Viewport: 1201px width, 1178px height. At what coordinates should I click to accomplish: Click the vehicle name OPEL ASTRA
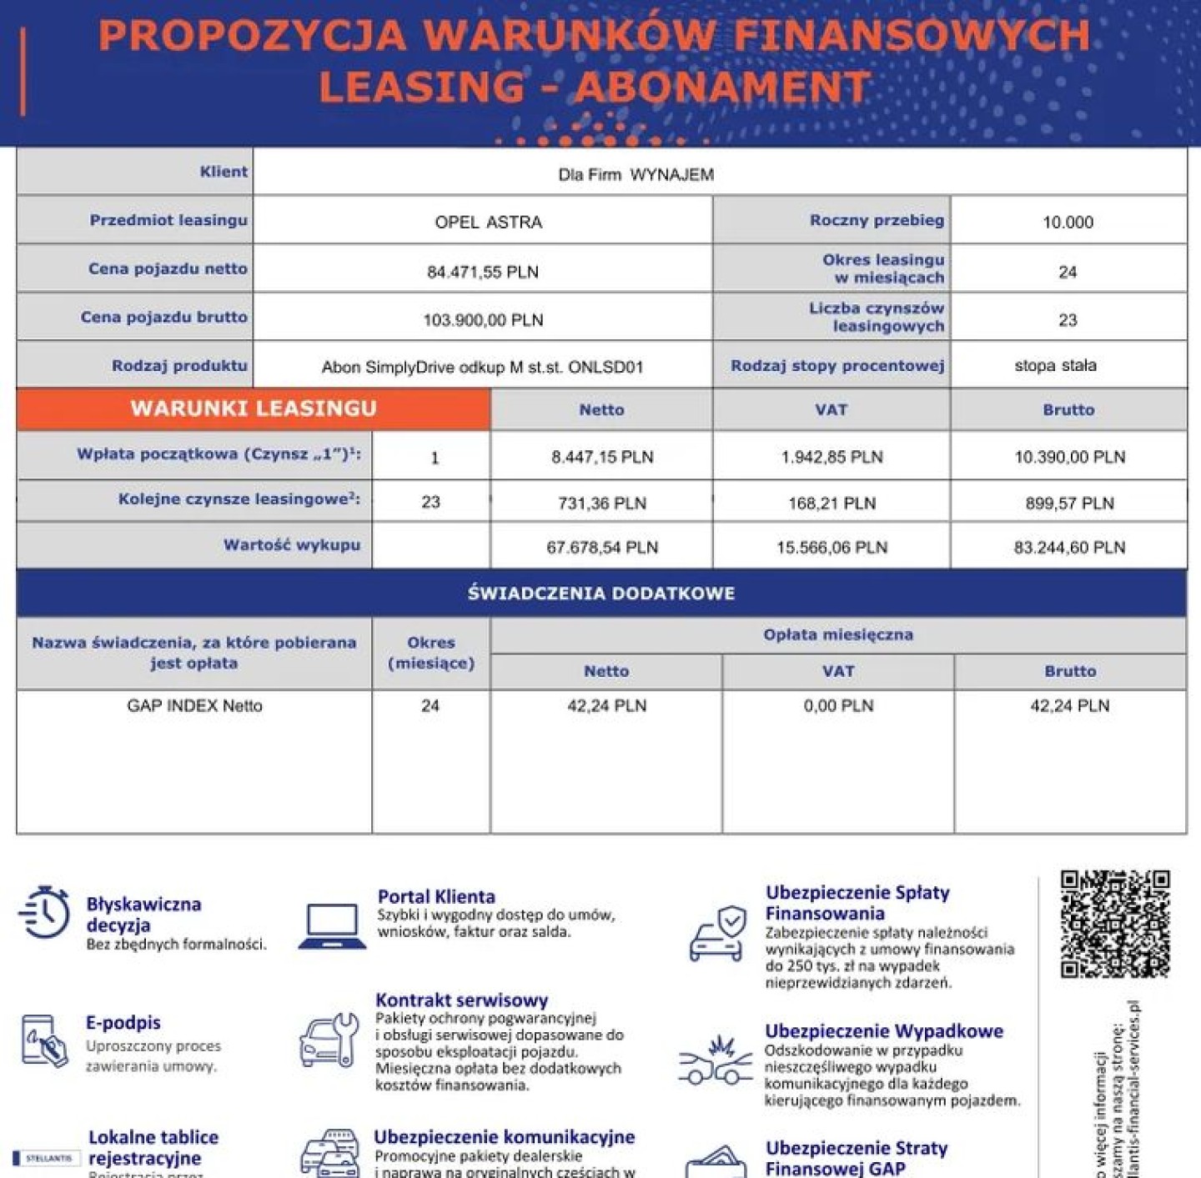(488, 223)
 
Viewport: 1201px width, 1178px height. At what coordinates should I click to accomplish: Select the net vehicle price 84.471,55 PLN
(483, 272)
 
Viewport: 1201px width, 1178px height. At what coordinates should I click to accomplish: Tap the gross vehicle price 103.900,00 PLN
(483, 320)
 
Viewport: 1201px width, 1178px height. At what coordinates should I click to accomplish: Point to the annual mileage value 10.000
(1068, 223)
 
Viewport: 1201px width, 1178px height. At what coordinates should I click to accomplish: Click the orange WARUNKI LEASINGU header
(254, 409)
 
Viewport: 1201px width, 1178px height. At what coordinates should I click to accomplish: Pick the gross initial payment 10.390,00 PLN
(1069, 457)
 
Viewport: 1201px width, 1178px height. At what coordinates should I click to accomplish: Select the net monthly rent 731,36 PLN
(601, 504)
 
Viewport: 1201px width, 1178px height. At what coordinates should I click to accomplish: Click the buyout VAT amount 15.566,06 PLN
(832, 548)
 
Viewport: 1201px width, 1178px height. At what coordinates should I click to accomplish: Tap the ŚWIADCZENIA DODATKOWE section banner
(601, 594)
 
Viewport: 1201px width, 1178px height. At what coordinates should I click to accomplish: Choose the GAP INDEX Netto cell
(194, 706)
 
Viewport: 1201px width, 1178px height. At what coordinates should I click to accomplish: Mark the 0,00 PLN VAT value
(838, 706)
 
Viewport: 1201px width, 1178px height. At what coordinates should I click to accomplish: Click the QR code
(1114, 924)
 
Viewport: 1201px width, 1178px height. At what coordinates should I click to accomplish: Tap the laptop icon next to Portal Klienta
(332, 926)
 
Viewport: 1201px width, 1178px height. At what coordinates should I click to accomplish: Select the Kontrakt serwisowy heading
(461, 1000)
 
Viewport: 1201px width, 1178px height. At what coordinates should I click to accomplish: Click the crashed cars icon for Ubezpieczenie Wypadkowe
(716, 1060)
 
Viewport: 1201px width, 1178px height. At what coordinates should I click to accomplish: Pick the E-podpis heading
(123, 1023)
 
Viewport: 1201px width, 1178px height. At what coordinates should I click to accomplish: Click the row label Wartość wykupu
(291, 545)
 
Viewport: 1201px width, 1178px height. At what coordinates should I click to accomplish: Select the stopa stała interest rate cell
(1055, 366)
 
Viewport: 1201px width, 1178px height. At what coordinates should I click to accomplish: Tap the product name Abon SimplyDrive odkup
(482, 368)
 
